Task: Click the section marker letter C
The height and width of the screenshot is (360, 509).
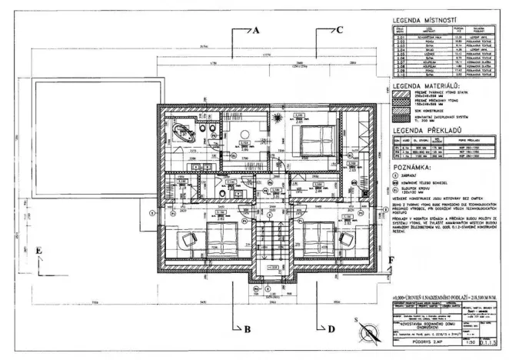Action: [x=338, y=32]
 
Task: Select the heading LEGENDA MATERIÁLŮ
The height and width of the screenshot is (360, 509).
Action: [x=426, y=86]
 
